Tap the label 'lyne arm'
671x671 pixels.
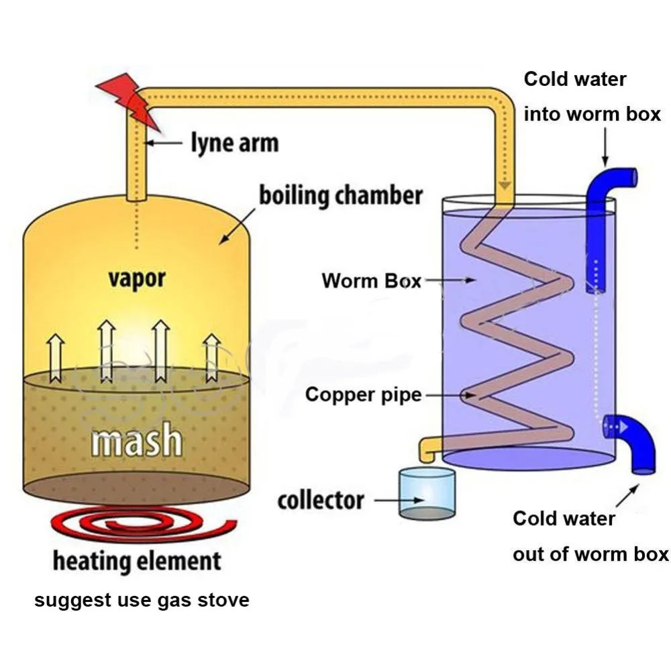(x=234, y=143)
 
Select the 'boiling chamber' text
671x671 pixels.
(x=342, y=196)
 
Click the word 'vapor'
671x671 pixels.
(x=137, y=278)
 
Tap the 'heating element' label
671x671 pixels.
(x=137, y=561)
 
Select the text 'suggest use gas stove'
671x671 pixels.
(x=142, y=599)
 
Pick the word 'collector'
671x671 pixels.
(x=321, y=501)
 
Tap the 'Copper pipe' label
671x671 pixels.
(x=363, y=394)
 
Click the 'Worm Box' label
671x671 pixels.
(x=371, y=280)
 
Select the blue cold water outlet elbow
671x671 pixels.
(x=631, y=443)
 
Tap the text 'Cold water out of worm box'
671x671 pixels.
(x=590, y=536)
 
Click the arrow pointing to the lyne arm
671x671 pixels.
(x=164, y=143)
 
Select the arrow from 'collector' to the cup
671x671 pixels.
(x=396, y=501)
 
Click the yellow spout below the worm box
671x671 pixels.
(x=428, y=449)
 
